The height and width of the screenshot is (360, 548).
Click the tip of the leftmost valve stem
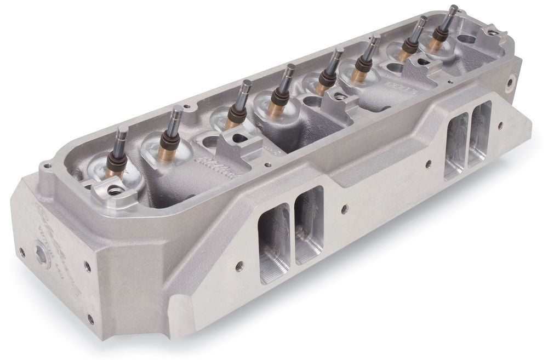pyautogui.click(x=121, y=130)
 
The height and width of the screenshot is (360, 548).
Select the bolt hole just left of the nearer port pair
pyautogui.click(x=239, y=267)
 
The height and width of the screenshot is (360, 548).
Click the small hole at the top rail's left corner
pyautogui.click(x=48, y=165)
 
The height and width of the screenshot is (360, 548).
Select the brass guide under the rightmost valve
pyautogui.click(x=436, y=45)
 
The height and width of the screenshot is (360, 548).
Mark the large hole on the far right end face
pyautogui.click(x=510, y=83)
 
